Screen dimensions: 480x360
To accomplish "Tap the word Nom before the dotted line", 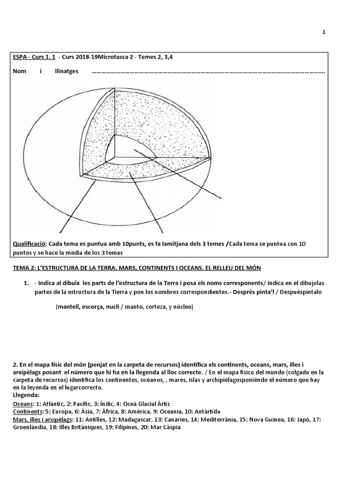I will coord(18,72).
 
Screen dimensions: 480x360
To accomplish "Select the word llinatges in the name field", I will coord(67,72).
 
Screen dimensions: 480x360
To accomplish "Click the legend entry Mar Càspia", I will coord(164,427).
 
